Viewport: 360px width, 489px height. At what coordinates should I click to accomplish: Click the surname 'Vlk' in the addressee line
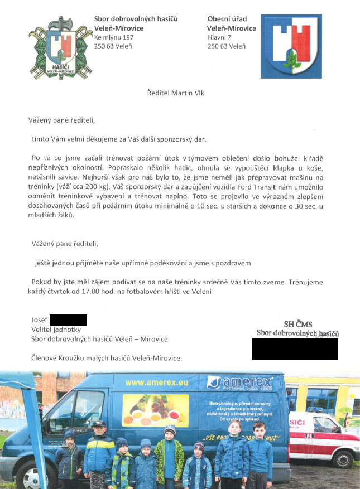(198, 93)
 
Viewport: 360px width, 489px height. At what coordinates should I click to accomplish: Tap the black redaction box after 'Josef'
(68, 319)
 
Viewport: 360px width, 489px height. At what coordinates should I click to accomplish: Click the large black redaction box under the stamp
(295, 349)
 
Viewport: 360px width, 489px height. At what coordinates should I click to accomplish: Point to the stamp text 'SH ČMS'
(298, 324)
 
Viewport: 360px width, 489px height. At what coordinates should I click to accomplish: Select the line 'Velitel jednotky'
(56, 330)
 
